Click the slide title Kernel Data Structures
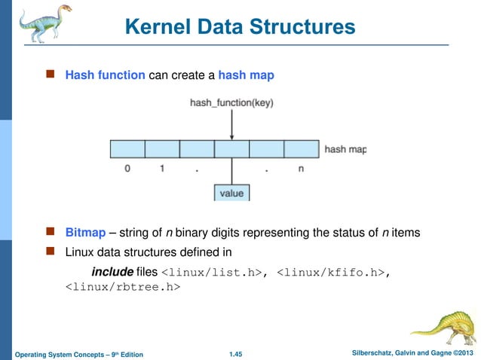[x=240, y=28]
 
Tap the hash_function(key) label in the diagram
[x=232, y=103]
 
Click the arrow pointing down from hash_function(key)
[x=232, y=124]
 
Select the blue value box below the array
[x=231, y=193]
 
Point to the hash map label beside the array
[x=345, y=149]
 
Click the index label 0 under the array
[x=127, y=169]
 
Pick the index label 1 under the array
[x=161, y=169]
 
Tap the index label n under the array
[x=301, y=169]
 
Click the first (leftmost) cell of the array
[x=127, y=148]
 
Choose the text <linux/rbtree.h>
[x=121, y=287]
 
